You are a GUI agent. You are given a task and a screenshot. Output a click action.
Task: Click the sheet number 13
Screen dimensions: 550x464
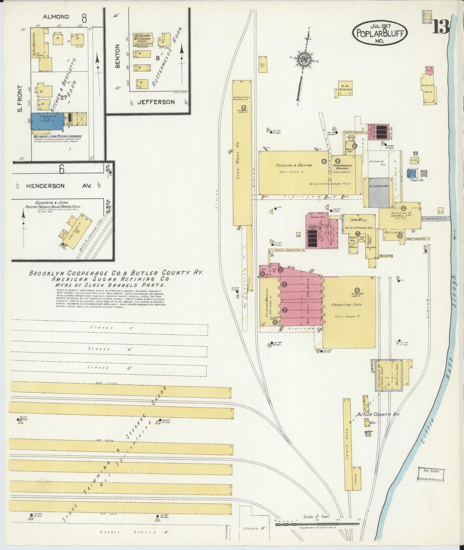coord(440,28)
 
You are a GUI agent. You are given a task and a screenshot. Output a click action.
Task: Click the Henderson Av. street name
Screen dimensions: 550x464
coord(58,186)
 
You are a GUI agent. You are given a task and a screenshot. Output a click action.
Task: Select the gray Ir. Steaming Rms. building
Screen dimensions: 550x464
coord(379,192)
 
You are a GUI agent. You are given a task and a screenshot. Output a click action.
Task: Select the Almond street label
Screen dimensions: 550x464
coord(56,17)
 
